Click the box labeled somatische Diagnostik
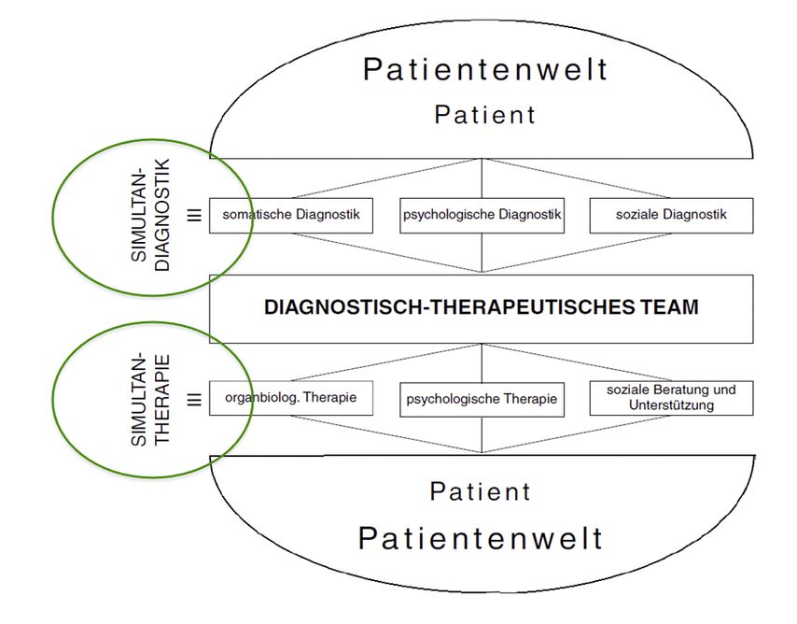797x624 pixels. coord(291,215)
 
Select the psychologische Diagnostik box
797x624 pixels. coord(482,215)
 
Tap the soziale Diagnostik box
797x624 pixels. coord(671,215)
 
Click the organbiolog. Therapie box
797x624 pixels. coord(291,398)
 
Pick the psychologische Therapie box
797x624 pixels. coord(482,399)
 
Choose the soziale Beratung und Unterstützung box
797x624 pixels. coord(671,398)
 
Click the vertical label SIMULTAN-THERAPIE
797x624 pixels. coord(150,399)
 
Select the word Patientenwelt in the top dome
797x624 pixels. coord(485,69)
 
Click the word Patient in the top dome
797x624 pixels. coord(485,115)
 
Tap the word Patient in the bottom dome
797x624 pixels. coord(481,491)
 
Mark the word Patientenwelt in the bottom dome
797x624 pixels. coord(481,538)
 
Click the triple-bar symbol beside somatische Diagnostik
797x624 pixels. coord(194,215)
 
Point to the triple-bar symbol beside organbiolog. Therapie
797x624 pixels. coord(194,399)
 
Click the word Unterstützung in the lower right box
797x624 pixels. coord(671,405)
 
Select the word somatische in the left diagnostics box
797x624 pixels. coord(254,215)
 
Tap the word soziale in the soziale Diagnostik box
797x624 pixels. coord(637,215)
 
